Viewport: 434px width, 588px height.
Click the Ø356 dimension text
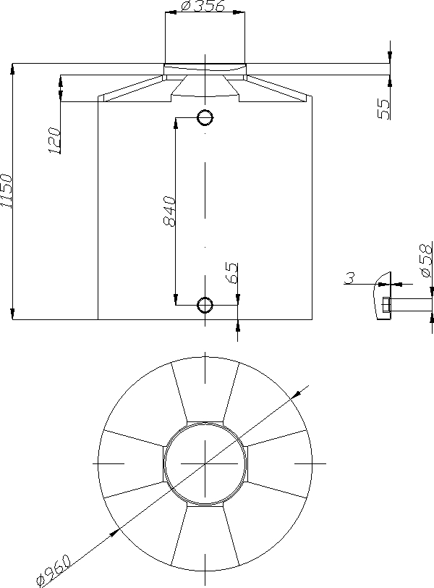[203, 7]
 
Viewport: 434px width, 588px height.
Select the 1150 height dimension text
[7, 190]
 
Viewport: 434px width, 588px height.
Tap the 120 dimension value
[54, 140]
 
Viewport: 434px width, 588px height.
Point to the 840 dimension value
[170, 211]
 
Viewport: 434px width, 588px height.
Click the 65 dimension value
[232, 273]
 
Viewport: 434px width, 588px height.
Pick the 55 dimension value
[384, 109]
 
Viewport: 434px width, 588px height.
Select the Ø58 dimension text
[427, 260]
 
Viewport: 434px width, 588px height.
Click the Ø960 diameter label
[54, 571]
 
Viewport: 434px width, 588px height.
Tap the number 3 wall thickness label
[350, 278]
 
